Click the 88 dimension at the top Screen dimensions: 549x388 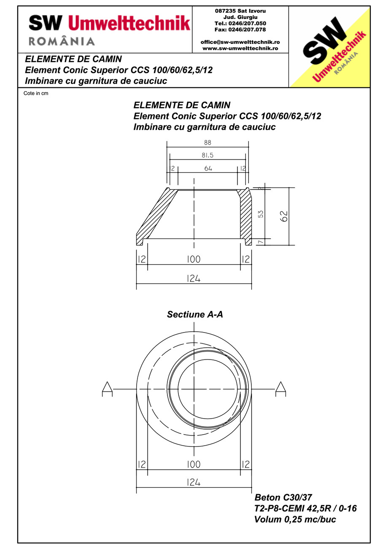pos(207,143)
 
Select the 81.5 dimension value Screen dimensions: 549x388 pos(207,155)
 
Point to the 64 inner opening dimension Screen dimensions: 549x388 pos(208,168)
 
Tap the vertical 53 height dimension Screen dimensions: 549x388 pos(261,214)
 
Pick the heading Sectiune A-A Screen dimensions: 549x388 pos(195,314)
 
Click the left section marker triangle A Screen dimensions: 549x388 pos(107,388)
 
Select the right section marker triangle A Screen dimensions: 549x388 pos(281,388)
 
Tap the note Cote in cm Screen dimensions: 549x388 pos(36,93)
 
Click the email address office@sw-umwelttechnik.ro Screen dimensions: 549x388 pos(240,42)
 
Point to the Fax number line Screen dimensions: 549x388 pos(240,30)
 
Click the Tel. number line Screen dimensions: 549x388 pos(240,23)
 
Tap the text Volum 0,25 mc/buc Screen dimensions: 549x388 pos(295,519)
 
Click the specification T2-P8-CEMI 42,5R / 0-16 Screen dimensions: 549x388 pos(305,508)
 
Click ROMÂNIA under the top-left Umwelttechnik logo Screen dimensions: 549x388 pos(62,41)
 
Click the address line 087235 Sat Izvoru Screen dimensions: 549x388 pos(240,11)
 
